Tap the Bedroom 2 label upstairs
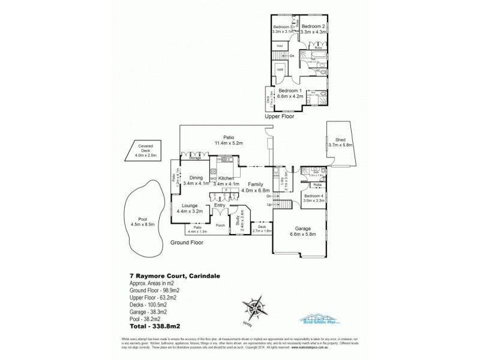pyautogui.click(x=313, y=26)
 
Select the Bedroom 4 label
pyautogui.click(x=314, y=197)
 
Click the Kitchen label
pyautogui.click(x=226, y=179)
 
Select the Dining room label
pyautogui.click(x=196, y=178)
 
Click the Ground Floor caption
pyautogui.click(x=187, y=243)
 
